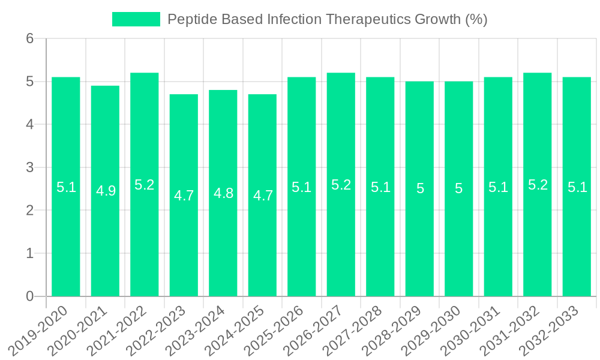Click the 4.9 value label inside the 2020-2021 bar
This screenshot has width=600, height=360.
pos(106,191)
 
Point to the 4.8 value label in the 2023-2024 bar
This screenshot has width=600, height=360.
pos(223,193)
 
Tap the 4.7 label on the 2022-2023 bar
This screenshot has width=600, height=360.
pos(184,196)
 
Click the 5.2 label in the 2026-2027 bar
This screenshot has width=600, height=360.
pos(341,185)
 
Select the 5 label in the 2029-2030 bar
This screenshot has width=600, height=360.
pos(459,188)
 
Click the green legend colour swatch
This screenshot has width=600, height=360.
pos(136,19)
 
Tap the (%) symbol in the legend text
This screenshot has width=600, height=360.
pos(476,19)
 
